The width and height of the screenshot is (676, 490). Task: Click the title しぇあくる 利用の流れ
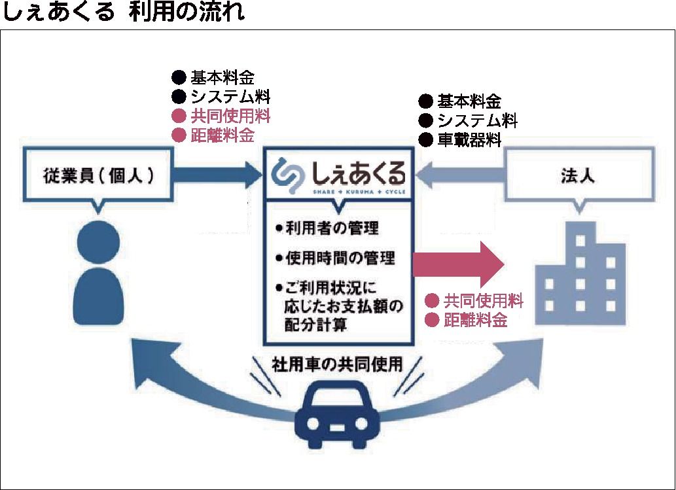[124, 13]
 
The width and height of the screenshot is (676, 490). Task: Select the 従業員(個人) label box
[99, 176]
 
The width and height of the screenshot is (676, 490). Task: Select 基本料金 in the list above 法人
[469, 101]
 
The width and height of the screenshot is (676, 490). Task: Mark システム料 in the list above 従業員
[230, 97]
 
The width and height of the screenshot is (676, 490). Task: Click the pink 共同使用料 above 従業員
[230, 116]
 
